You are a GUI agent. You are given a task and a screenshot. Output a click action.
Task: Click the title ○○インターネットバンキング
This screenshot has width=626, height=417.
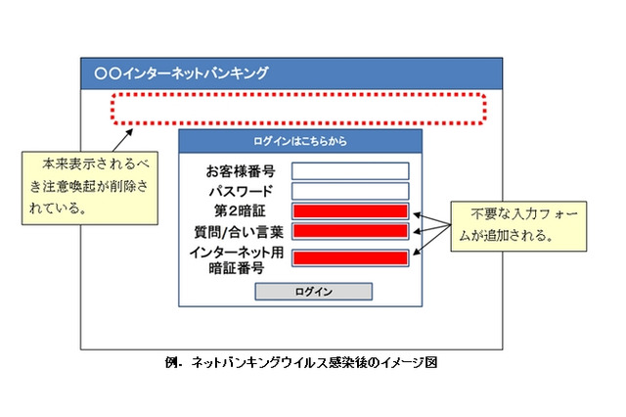click(181, 72)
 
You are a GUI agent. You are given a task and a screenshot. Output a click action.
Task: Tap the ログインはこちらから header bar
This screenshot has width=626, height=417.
click(299, 141)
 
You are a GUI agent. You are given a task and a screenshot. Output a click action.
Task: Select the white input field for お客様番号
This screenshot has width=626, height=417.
click(349, 170)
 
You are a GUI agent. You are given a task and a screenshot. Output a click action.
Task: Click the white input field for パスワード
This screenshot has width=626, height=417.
click(349, 191)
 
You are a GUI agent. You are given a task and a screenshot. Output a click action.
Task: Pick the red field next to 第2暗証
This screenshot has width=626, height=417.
click(349, 211)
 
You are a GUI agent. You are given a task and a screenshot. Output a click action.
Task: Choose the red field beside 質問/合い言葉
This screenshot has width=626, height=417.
click(349, 232)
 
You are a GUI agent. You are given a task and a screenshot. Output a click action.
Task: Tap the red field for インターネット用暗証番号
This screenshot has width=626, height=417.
click(349, 258)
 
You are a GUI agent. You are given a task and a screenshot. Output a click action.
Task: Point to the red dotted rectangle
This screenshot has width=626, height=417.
click(297, 108)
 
